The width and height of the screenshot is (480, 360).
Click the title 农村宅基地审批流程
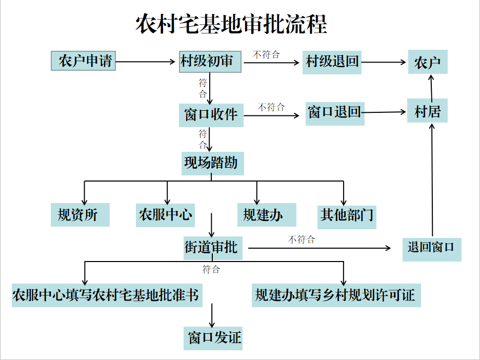point(231,24)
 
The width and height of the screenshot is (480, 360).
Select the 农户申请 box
point(84,62)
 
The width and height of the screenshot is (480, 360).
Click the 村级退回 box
point(332,62)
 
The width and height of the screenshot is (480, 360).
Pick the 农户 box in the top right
point(428,62)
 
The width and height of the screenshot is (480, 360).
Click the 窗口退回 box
point(335,112)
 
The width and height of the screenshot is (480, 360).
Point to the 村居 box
point(428,111)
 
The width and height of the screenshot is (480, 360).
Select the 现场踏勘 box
point(211,163)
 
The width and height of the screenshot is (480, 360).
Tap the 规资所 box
point(81,214)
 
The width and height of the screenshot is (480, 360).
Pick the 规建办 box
point(266,214)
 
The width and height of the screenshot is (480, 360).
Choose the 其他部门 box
point(347,214)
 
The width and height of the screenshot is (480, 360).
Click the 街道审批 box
point(211,247)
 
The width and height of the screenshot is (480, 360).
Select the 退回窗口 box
point(431,249)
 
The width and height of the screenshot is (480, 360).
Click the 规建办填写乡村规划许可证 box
point(336,295)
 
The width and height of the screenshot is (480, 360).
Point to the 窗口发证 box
point(213,338)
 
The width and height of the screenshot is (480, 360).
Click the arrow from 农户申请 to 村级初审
point(146,62)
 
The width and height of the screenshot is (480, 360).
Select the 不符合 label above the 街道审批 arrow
point(302,239)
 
